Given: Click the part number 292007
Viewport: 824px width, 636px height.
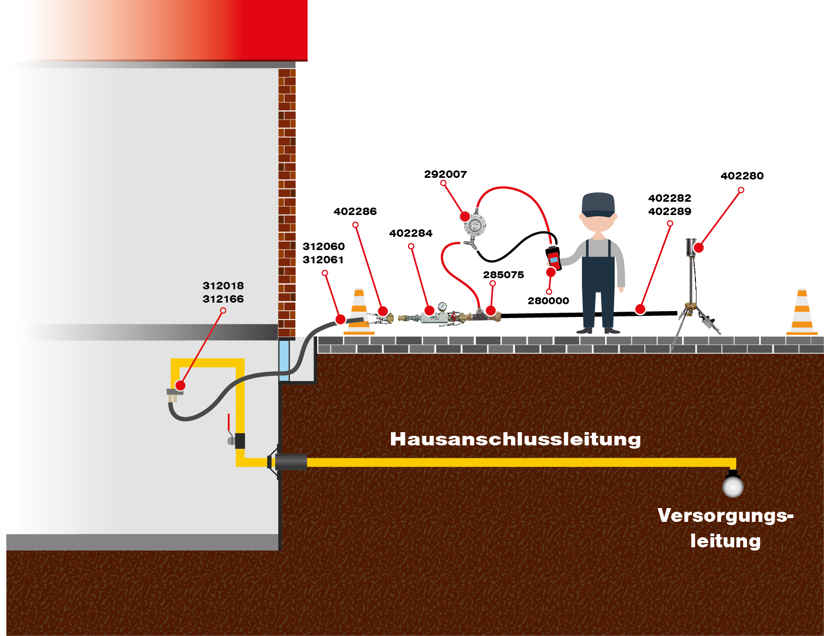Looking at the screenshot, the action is (445, 174).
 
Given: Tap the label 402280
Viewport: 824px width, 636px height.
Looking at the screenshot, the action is (742, 176).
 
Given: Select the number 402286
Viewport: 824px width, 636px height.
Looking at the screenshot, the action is (355, 211).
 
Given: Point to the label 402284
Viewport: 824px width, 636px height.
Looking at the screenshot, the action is (411, 234).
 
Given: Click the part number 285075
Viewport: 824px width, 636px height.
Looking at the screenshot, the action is (503, 274).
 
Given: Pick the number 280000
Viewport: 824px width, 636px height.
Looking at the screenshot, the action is (548, 301).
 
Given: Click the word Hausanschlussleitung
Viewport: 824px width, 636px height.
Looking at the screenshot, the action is (515, 439).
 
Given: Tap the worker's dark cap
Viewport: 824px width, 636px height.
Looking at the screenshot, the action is (598, 204).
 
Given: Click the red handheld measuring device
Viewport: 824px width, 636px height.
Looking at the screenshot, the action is (553, 258).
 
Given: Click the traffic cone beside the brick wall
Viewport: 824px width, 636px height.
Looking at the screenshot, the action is (359, 312).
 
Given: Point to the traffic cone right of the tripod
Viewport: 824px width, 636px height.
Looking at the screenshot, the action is (802, 312).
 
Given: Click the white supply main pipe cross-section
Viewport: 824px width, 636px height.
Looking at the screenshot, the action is (733, 487).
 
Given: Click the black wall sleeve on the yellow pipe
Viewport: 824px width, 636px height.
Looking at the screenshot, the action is (291, 462).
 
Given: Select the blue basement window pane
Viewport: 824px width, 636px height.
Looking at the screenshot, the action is (284, 360).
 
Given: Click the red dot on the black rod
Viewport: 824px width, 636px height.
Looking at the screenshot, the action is (640, 310).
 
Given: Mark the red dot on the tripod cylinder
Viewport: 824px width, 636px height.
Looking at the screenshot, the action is (699, 248).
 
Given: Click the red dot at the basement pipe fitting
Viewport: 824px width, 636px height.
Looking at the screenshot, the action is (180, 385).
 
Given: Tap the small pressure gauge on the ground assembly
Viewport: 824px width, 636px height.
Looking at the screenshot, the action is (442, 306).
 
